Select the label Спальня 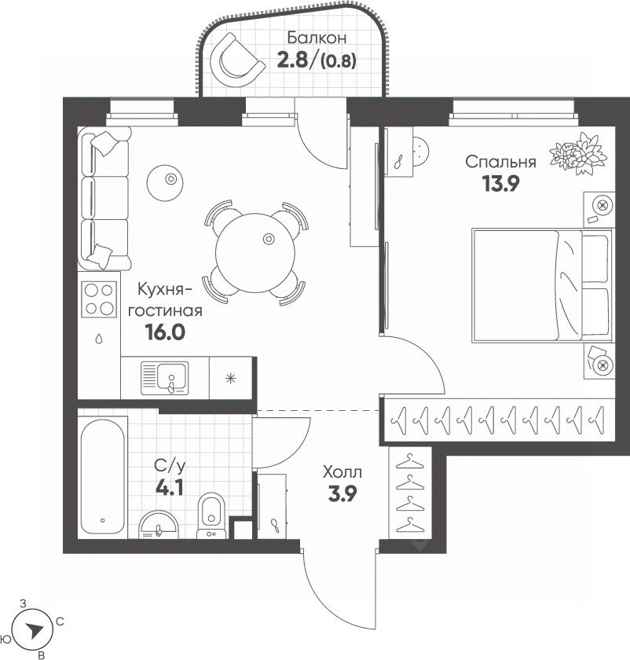(x=500, y=162)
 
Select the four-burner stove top (x=99, y=299)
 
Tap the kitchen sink (x=164, y=378)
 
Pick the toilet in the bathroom (x=211, y=515)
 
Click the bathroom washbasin (x=158, y=525)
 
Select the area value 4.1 (x=170, y=488)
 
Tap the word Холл (x=342, y=472)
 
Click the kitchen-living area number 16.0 (x=165, y=332)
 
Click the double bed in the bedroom (x=541, y=285)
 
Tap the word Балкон (x=317, y=38)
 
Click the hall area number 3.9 (x=342, y=493)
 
